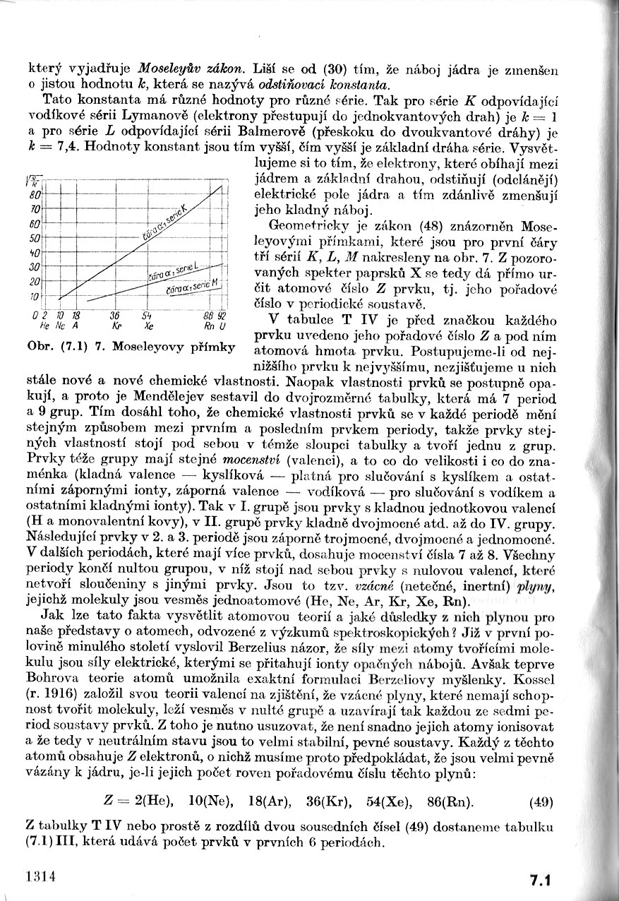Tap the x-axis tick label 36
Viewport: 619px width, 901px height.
click(x=114, y=316)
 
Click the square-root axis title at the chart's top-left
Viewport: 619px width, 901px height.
click(x=32, y=179)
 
